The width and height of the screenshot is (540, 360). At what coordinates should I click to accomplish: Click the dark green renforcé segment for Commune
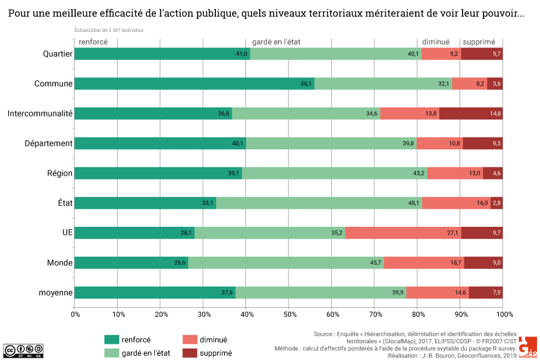tap(194, 83)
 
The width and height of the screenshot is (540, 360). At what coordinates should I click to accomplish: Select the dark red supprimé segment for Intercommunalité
tap(471, 113)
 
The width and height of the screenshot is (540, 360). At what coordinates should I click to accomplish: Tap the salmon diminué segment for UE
tap(403, 233)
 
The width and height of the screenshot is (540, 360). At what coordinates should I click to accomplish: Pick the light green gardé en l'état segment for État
tap(319, 203)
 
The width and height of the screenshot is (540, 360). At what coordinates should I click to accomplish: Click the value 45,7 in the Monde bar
tap(376, 263)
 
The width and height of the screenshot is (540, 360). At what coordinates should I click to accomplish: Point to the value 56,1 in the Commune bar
tap(307, 83)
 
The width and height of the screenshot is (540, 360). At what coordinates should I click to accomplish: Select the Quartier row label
tap(58, 54)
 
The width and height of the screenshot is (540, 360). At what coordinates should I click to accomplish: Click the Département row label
tap(49, 143)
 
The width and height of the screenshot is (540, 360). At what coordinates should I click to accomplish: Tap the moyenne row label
tap(56, 293)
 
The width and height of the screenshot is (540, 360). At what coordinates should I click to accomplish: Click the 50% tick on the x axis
tap(290, 314)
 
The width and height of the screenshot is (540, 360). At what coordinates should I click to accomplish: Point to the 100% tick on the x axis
tap(504, 314)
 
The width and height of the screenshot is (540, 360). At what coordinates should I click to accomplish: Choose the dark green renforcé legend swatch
tap(111, 340)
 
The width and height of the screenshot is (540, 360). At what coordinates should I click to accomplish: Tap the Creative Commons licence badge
tap(18, 350)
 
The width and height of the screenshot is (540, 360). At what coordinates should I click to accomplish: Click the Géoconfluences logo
tap(528, 347)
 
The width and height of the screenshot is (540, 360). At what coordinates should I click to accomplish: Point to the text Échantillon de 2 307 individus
tap(109, 29)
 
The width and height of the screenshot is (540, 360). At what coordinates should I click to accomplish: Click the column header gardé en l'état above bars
tap(280, 42)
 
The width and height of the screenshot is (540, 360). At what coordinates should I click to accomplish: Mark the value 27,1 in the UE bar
tap(452, 233)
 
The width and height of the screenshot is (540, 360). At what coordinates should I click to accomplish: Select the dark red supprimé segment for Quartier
tap(482, 54)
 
